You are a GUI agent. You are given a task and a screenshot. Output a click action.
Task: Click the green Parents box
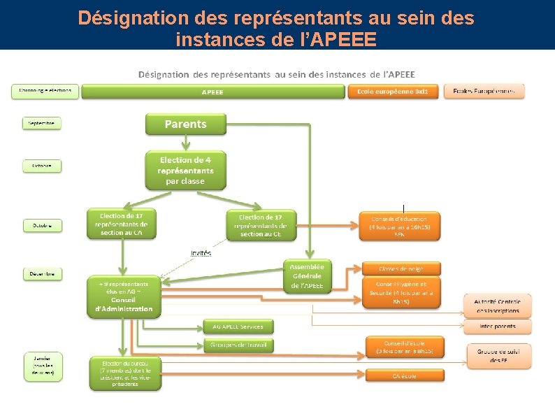pos(185,124)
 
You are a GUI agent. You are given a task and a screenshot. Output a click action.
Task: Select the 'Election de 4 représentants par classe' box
pos(185,171)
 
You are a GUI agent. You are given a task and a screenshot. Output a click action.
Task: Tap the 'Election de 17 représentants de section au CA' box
pos(122,224)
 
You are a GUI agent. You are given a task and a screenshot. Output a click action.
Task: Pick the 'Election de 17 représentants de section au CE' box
pos(261,224)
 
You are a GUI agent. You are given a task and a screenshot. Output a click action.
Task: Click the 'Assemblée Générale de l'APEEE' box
pos(308,276)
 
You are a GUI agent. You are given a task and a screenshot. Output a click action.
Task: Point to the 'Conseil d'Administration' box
pos(124,297)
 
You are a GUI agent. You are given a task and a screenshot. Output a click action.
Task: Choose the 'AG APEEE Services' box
pos(238,327)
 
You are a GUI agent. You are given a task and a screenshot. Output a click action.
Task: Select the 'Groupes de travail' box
pos(238,345)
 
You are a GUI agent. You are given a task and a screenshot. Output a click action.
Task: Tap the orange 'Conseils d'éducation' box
pos(400,226)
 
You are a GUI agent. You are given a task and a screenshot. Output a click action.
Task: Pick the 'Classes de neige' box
pos(401,268)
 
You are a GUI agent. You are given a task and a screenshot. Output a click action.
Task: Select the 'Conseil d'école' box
pos(404,347)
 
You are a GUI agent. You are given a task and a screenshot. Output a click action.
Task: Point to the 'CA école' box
pos(404,375)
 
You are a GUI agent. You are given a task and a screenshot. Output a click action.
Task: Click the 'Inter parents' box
pos(498,327)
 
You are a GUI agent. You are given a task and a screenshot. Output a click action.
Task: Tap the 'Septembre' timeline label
pos(42,123)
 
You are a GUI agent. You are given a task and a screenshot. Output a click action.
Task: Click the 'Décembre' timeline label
pos(42,273)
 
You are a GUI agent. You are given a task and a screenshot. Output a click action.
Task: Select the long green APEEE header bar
pos(213,92)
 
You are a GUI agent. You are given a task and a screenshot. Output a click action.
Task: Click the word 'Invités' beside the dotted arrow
pos(201,252)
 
